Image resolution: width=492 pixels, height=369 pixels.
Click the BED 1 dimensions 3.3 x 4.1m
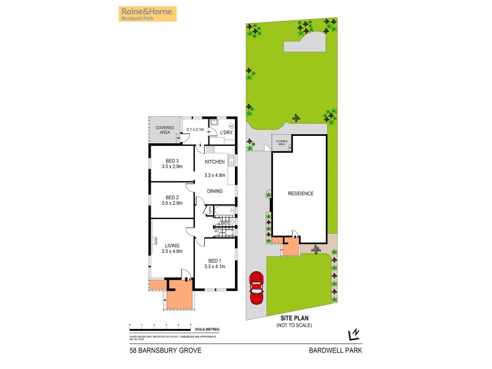pyautogui.click(x=215, y=266)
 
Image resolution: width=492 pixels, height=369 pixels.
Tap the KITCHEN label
pyautogui.click(x=215, y=162)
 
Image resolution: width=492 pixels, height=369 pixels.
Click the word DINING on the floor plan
pyautogui.click(x=215, y=191)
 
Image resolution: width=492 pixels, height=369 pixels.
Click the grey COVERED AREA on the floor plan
pyautogui.click(x=164, y=129)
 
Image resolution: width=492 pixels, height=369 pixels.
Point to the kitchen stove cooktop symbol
pyautogui.click(x=210, y=149)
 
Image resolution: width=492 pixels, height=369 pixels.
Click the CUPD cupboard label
pyautogui.click(x=210, y=211)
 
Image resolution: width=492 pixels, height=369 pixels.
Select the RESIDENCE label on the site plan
pyautogui.click(x=301, y=194)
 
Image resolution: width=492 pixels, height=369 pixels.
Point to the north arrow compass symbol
pyautogui.click(x=353, y=334)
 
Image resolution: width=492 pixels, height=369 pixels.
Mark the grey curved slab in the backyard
pyautogui.click(x=303, y=44)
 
